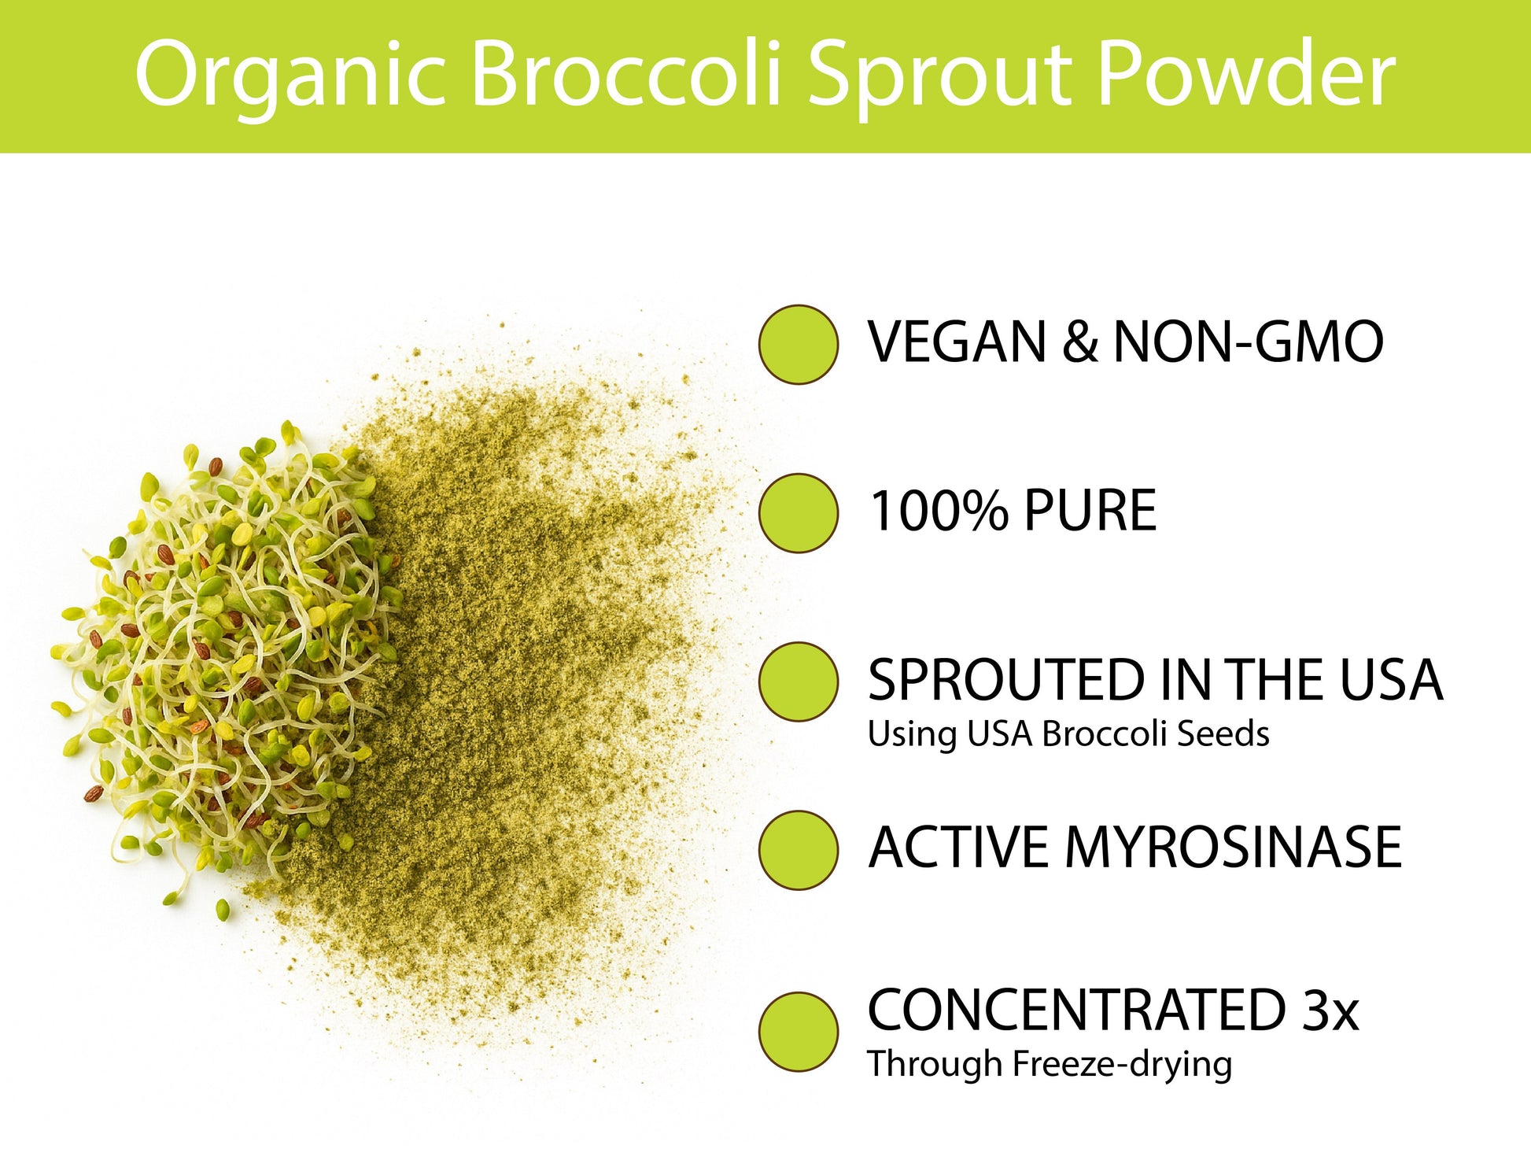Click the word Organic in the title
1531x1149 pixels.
coord(291,76)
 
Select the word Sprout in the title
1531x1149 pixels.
coord(939,76)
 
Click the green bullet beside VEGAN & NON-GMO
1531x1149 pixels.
coord(798,345)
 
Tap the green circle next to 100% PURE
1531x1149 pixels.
coord(798,513)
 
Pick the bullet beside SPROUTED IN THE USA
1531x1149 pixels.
coord(798,682)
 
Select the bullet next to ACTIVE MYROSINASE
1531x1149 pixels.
coord(798,850)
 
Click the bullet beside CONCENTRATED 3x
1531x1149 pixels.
coord(798,1032)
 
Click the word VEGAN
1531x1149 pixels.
coord(957,342)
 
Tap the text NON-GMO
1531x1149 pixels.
coord(1248,342)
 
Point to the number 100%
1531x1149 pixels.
coord(938,511)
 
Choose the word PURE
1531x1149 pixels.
coord(1090,511)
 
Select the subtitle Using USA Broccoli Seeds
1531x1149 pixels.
coord(1068,734)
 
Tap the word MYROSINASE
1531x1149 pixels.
coord(1233,848)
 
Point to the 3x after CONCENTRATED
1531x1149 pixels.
coord(1330,1010)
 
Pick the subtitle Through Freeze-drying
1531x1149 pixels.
coord(1050,1065)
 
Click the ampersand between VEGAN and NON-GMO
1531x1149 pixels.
coord(1079,342)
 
